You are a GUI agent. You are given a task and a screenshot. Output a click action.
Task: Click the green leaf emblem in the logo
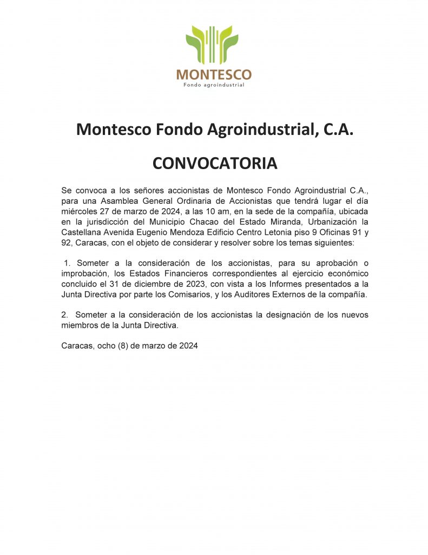coord(212,44)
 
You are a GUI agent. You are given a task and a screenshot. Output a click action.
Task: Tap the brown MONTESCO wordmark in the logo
coord(214,74)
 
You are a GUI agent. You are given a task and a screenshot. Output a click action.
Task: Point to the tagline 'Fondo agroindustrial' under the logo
coord(214,85)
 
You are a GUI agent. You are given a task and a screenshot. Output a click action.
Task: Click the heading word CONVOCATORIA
coord(215,163)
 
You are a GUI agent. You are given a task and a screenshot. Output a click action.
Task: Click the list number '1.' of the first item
coord(67,263)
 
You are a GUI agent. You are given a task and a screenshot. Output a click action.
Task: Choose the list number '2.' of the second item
coord(65,315)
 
